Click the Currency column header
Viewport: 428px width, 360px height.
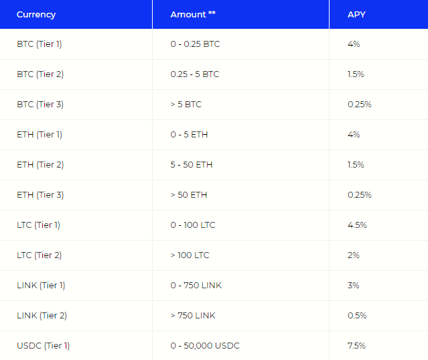coord(36,14)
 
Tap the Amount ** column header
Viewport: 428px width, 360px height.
coord(193,14)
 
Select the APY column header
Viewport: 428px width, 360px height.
coord(356,14)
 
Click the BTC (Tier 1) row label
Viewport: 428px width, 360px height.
coord(40,44)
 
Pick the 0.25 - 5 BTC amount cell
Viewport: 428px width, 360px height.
coord(195,74)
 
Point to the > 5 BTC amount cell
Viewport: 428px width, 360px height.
coord(186,105)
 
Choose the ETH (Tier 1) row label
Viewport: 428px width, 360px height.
coord(40,135)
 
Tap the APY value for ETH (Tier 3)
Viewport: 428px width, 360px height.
coord(360,195)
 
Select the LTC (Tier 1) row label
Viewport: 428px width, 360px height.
coord(38,225)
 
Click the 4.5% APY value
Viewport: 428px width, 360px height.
coord(357,225)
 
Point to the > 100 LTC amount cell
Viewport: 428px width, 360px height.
coord(190,255)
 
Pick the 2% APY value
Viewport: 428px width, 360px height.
coord(354,255)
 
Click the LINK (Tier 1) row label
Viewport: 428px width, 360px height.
coord(41,286)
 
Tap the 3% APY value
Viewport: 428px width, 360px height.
coord(354,286)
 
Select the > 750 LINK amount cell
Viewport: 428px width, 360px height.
coord(193,316)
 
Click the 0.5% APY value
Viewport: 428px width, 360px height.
coord(357,316)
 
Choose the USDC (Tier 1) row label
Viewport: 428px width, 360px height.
coord(43,346)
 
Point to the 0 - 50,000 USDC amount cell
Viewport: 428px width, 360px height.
coord(205,346)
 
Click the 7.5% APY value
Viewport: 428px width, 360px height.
coord(357,346)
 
